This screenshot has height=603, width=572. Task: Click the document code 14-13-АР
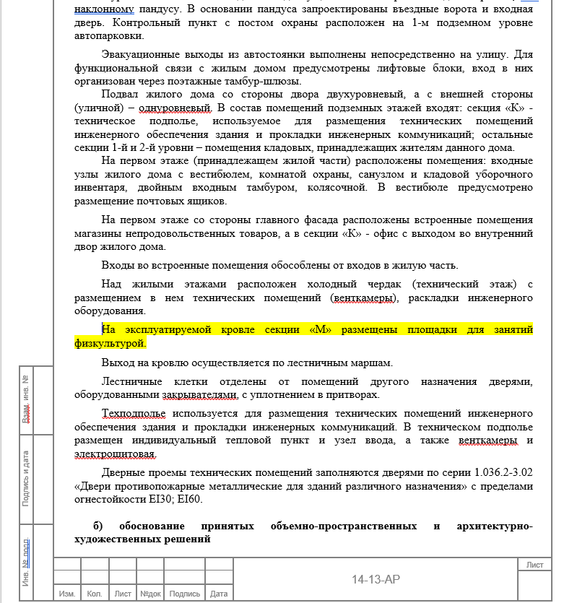pos(376,579)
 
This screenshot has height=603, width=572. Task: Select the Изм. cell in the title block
pos(67,594)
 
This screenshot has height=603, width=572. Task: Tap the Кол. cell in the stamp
pos(94,594)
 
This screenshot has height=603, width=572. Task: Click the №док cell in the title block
pos(150,594)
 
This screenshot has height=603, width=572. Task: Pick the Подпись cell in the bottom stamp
pos(185,594)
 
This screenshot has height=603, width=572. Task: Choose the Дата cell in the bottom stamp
pos(219,594)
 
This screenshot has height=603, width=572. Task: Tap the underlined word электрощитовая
pos(115,454)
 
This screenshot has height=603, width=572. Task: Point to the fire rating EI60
pos(189,499)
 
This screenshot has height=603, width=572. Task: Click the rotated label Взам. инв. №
pos(26,399)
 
